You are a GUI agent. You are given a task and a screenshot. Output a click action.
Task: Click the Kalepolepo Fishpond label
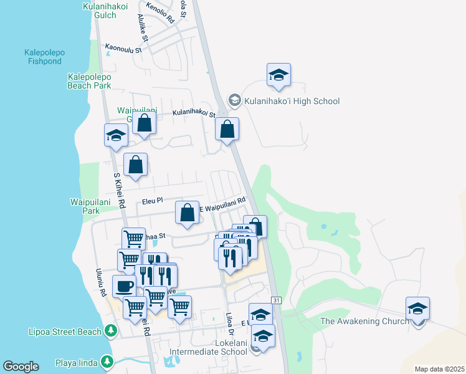click(44, 57)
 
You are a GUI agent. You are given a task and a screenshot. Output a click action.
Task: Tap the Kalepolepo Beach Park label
click(89, 81)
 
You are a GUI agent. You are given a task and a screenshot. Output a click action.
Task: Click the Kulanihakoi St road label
click(194, 114)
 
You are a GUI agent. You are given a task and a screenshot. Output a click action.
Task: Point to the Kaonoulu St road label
click(126, 47)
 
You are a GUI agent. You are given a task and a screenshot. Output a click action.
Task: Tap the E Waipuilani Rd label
click(221, 204)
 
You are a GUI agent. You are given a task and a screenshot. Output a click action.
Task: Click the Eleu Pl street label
click(152, 201)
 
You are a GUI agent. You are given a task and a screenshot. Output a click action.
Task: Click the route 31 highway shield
click(277, 300)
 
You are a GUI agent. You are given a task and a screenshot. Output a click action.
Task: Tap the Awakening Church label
click(364, 321)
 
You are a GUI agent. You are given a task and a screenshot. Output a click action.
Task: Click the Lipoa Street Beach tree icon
click(111, 330)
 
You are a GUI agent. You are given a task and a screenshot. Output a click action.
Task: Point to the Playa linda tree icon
click(107, 361)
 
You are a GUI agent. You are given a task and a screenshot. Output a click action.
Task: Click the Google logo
click(21, 367)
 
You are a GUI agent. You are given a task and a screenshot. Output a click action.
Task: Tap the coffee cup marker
click(124, 286)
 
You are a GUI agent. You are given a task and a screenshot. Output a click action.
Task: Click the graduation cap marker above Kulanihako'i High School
click(278, 76)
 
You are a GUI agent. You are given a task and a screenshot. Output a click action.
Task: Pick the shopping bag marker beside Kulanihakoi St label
click(227, 130)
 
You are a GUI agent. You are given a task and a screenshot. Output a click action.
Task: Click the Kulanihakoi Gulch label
click(99, 11)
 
